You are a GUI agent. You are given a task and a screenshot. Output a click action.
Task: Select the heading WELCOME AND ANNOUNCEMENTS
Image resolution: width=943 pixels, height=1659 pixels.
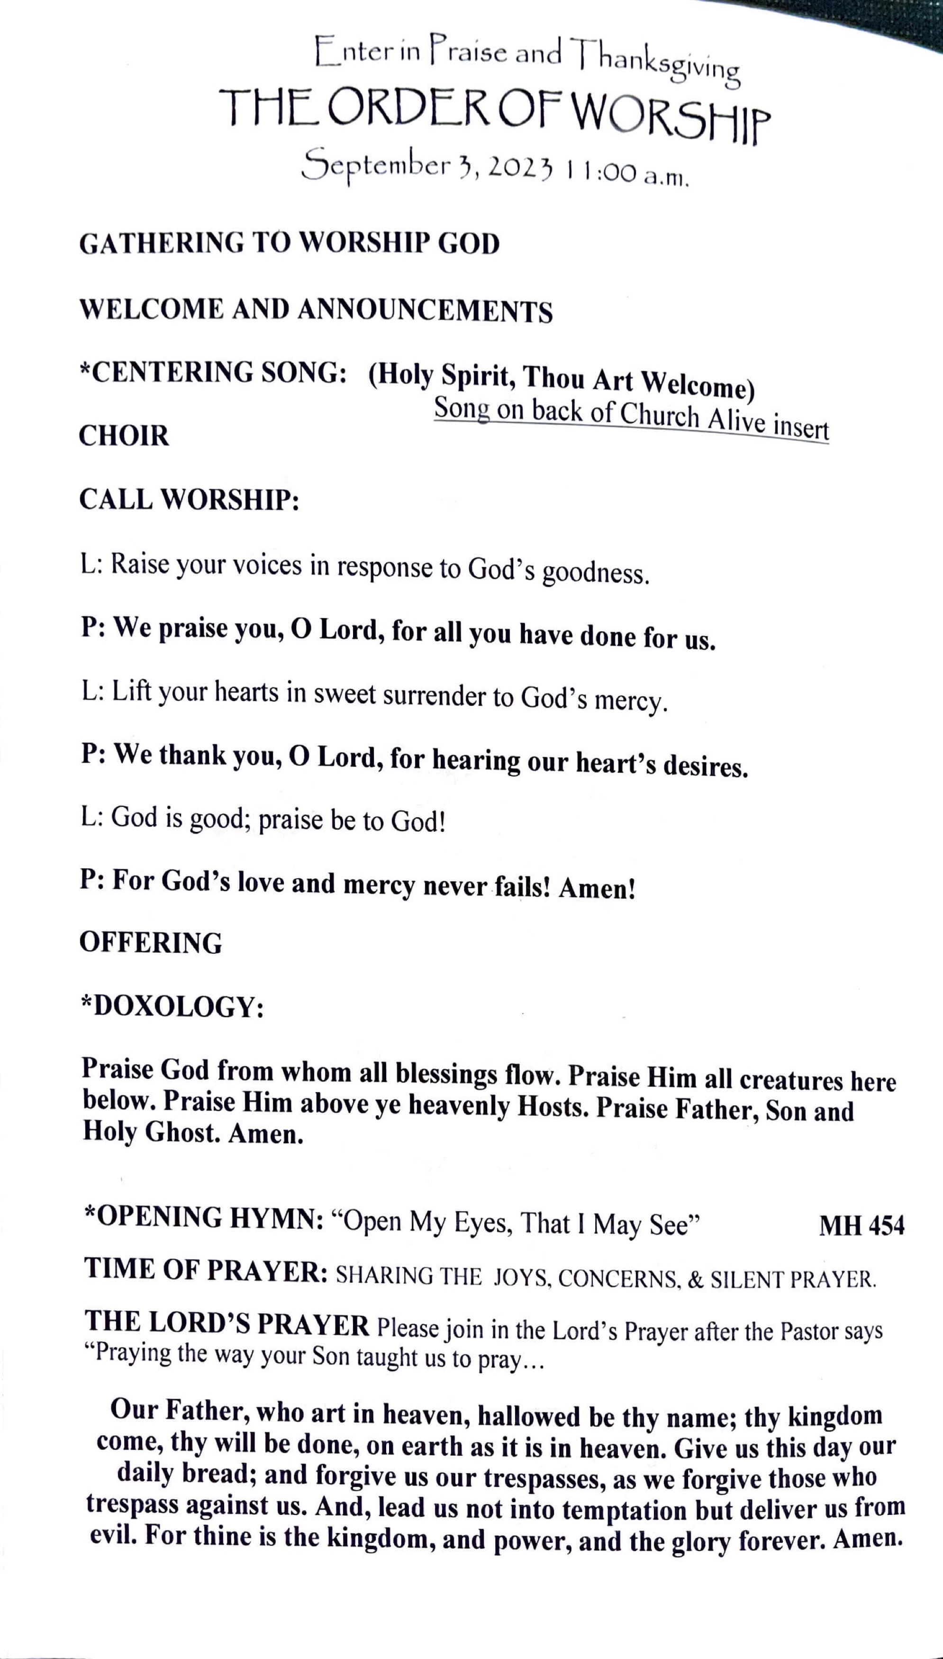[316, 310]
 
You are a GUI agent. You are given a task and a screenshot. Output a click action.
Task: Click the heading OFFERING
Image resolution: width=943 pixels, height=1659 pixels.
[150, 942]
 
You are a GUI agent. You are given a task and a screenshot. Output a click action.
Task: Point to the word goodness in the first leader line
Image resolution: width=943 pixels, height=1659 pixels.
[595, 573]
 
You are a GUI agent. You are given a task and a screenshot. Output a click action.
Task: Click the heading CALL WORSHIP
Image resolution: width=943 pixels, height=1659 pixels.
[189, 500]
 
